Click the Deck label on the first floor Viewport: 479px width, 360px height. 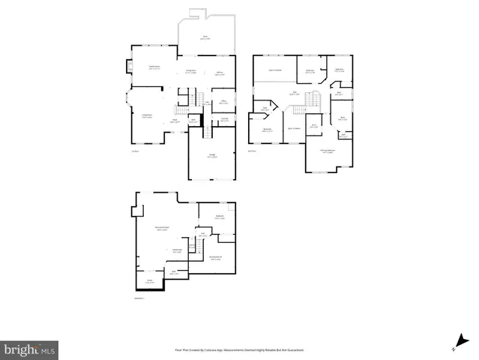point(205,37)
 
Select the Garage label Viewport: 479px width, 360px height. point(212,157)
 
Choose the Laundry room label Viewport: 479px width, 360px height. point(224,119)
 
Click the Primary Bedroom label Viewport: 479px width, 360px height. point(328,151)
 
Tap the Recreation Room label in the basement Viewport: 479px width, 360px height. point(161,228)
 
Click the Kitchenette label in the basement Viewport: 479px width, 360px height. point(178,250)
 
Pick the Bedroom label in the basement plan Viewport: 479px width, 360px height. point(220,217)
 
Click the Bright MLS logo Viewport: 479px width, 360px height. point(29,349)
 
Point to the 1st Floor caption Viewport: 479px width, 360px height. point(135,151)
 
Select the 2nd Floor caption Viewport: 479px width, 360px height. point(252,151)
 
